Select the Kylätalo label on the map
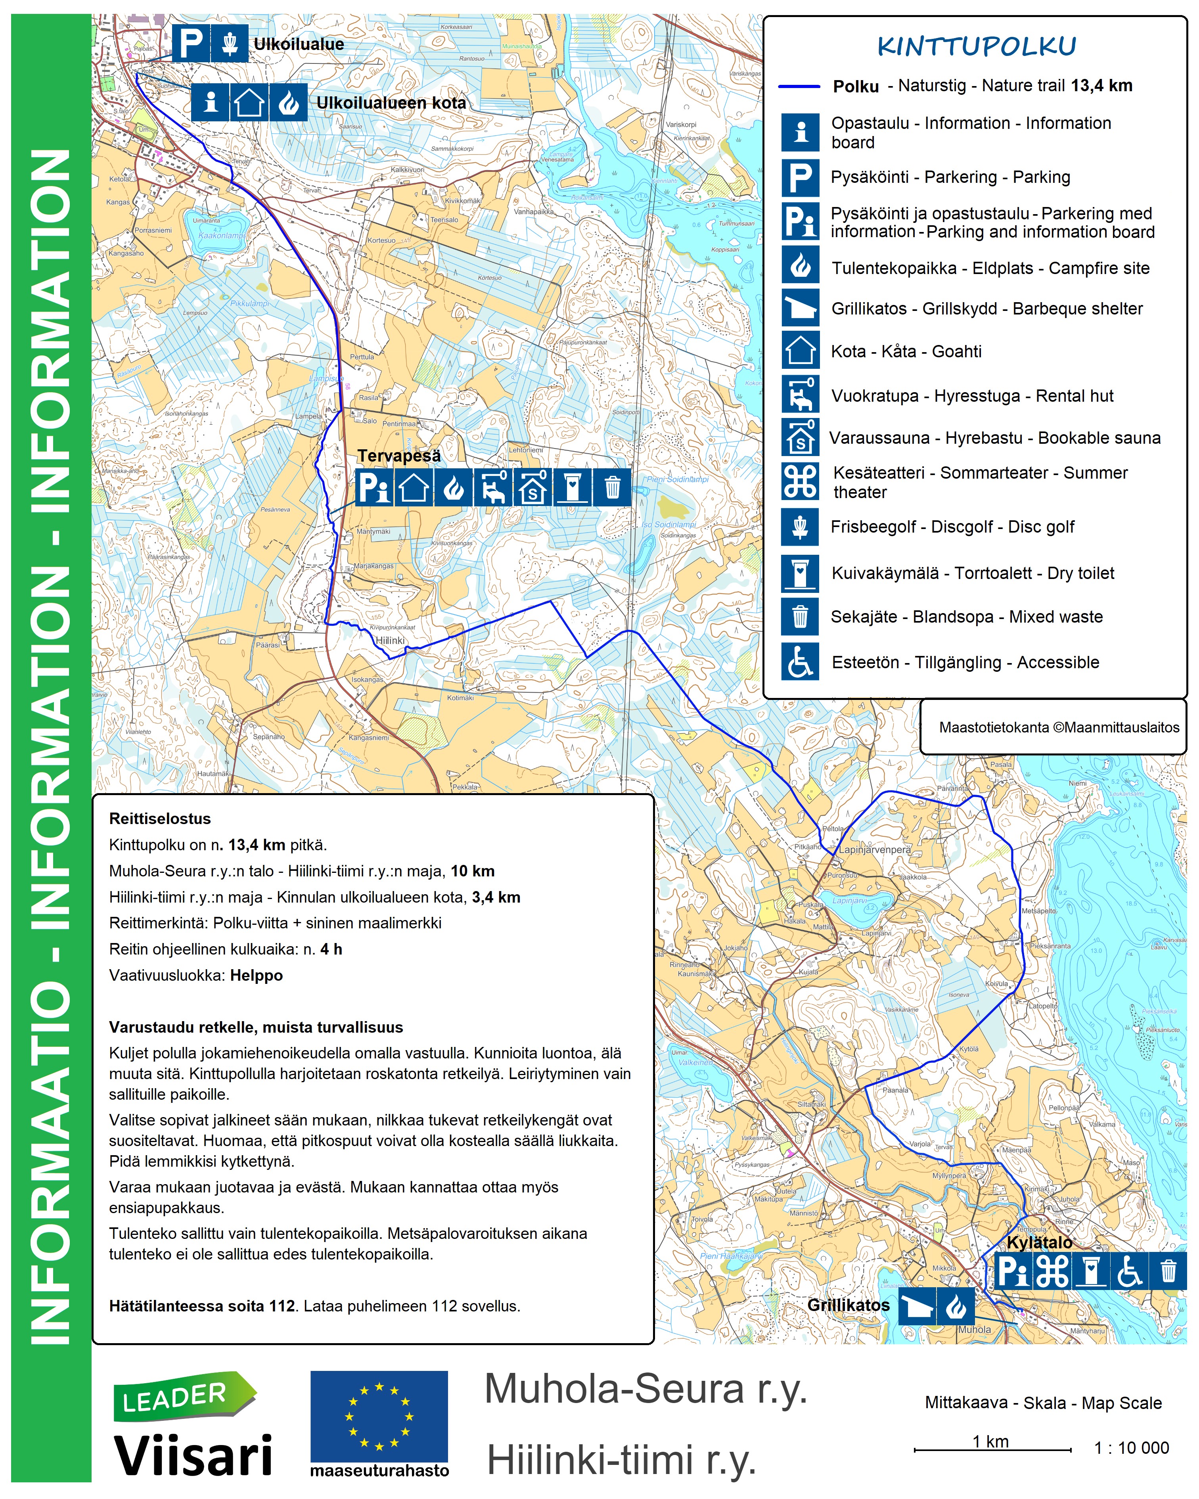pos(1039,1242)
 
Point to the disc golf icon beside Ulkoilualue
pos(230,44)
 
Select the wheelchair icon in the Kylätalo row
pos(1130,1272)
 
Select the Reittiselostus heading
pos(160,819)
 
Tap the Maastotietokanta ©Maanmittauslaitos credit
pos(1059,727)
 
